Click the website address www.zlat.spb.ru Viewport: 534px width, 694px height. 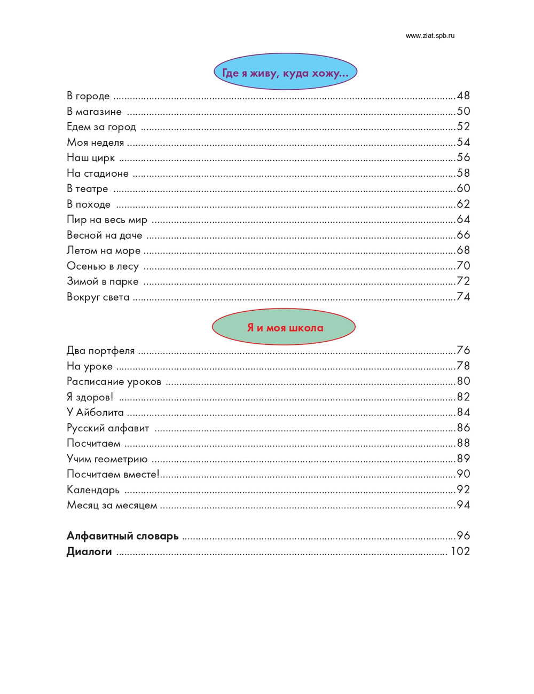(430, 36)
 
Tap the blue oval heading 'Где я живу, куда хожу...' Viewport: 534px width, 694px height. (285, 72)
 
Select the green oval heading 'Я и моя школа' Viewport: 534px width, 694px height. (284, 327)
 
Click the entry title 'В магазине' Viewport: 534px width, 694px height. (94, 112)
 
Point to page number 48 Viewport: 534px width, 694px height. (463, 96)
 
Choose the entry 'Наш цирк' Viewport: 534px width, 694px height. (91, 157)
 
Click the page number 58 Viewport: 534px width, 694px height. (463, 173)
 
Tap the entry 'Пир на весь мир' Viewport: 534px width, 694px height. (107, 219)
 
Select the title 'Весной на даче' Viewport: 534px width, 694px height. (104, 235)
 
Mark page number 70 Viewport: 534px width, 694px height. (463, 266)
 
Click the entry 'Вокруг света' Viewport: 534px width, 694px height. (98, 297)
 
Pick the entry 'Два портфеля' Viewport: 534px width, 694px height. (100, 351)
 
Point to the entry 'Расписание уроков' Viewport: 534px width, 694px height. (114, 382)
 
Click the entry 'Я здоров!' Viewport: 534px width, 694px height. (90, 397)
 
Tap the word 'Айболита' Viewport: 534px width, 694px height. (100, 412)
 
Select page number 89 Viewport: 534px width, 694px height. (463, 459)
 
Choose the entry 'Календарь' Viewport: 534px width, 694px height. (93, 490)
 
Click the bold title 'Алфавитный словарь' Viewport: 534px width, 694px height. (122, 536)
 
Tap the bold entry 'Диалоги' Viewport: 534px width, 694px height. (89, 551)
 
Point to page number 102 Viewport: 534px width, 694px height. (460, 551)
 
